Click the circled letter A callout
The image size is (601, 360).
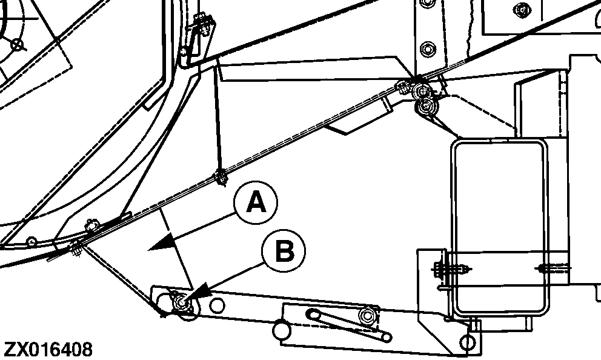pos(256,203)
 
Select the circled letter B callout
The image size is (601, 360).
pos(284,252)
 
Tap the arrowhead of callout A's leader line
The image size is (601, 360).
pos(161,244)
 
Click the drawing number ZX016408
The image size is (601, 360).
pos(48,350)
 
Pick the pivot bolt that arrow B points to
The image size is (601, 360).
pos(181,302)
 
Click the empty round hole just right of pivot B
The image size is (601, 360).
pos(217,306)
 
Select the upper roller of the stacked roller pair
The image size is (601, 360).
pos(423,91)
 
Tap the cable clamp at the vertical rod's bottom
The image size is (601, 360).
pos(221,177)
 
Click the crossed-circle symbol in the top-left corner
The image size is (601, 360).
pos(17,45)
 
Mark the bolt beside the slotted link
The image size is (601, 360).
pos(367,316)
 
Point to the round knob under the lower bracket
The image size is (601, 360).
pos(281,330)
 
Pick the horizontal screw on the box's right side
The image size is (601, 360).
pos(553,268)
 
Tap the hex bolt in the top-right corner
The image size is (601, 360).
pos(522,10)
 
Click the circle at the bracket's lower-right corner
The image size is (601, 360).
pos(468,342)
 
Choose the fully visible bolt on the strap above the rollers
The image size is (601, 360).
pos(428,49)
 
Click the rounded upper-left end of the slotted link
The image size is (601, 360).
pos(313,315)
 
